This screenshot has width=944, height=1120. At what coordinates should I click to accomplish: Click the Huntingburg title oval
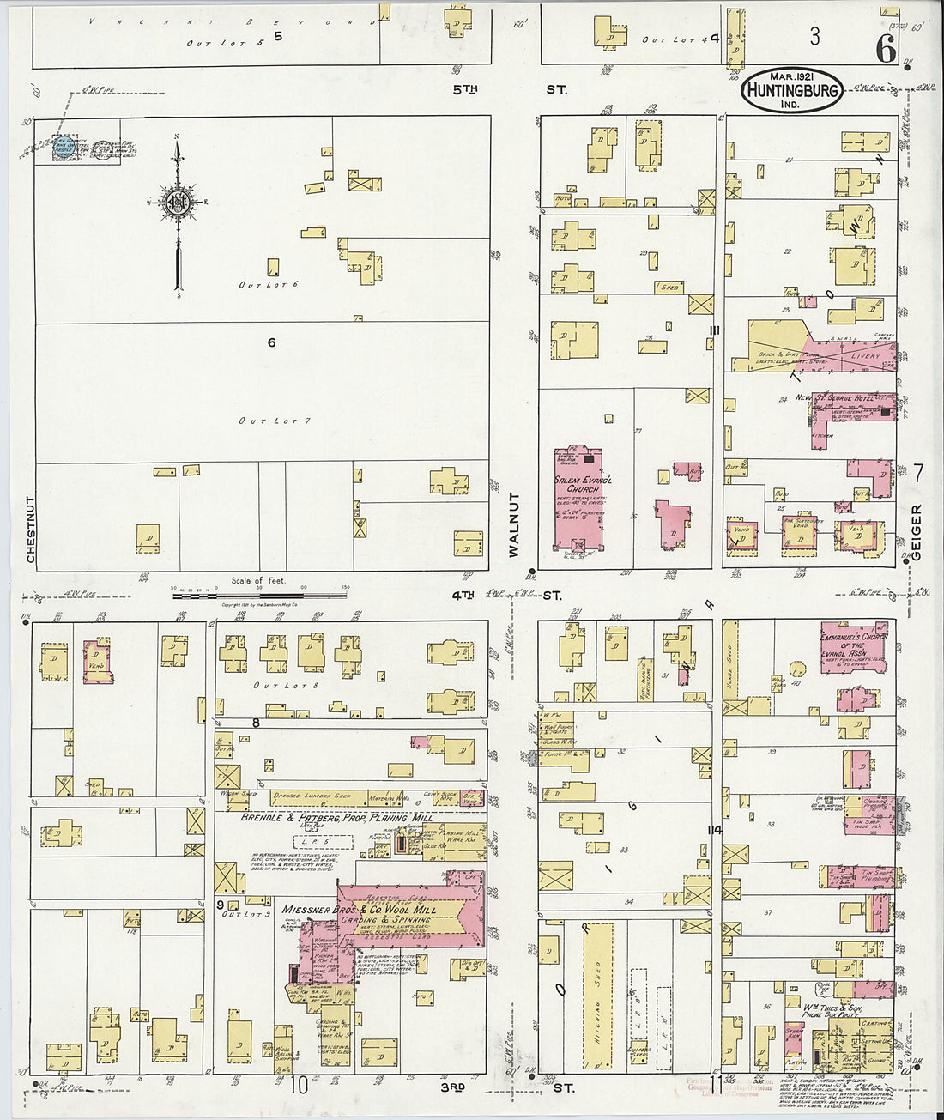(791, 90)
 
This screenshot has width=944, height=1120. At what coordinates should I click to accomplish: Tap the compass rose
(178, 203)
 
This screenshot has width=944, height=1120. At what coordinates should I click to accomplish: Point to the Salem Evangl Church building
(578, 498)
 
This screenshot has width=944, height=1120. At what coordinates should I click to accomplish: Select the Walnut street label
(514, 525)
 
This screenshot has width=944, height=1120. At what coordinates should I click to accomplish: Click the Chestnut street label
(31, 530)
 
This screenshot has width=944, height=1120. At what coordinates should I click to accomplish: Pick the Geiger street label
(916, 532)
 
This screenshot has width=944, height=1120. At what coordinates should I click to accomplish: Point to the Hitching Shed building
(598, 996)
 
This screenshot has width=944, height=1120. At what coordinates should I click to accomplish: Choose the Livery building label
(865, 355)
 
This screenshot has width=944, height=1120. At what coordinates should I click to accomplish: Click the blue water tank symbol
(64, 146)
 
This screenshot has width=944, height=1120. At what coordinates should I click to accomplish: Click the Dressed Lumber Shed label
(312, 797)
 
